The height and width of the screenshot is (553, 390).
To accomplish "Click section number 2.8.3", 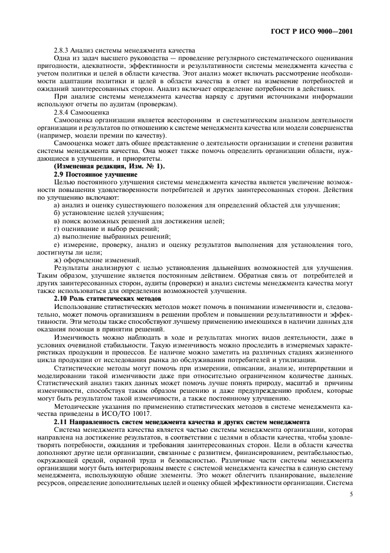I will [x=62, y=50].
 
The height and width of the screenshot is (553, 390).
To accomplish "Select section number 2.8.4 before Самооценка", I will [x=62, y=112].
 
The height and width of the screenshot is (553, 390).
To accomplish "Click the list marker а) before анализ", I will [x=57, y=204].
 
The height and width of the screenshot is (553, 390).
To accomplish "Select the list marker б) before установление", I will [x=57, y=212].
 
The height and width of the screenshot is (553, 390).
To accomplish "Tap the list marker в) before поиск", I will [x=57, y=220].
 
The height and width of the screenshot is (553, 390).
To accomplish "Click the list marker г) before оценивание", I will [x=56, y=228].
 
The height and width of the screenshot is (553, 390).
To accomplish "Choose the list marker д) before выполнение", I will [x=57, y=236].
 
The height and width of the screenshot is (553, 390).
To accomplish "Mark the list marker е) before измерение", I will [x=57, y=244].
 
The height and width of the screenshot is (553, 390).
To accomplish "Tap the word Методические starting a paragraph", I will [x=74, y=406].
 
